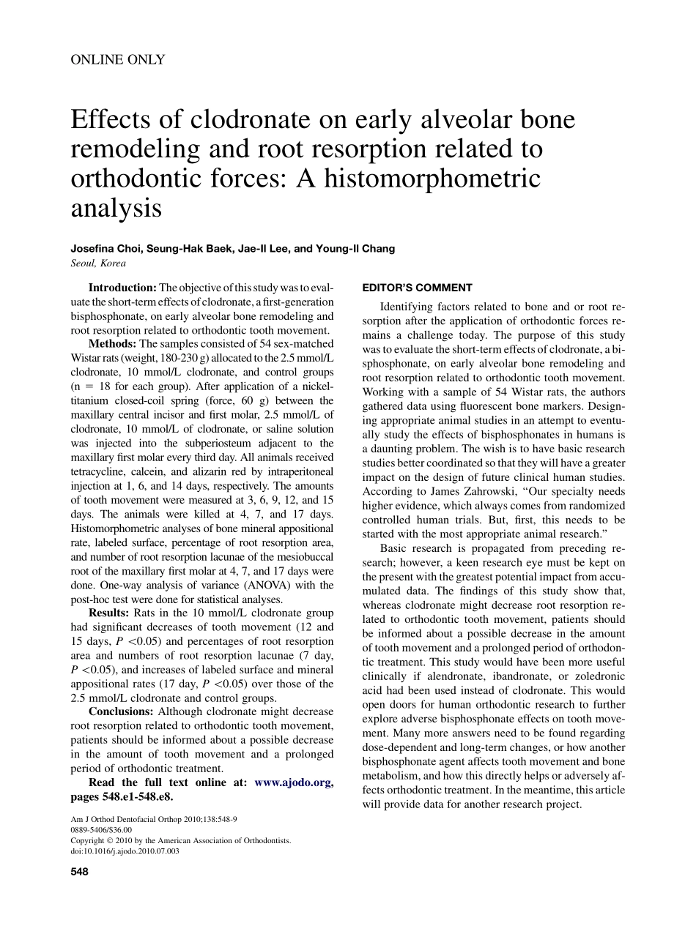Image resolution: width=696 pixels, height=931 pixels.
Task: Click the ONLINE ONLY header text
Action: [118, 59]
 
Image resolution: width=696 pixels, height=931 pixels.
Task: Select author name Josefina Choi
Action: [105, 249]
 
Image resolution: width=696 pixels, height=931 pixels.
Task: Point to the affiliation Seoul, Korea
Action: [98, 263]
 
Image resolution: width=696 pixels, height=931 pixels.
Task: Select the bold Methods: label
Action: [113, 344]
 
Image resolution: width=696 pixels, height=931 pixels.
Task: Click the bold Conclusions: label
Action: [122, 712]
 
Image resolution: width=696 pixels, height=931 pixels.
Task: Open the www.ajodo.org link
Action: [293, 782]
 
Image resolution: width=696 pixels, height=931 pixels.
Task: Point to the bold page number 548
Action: [79, 871]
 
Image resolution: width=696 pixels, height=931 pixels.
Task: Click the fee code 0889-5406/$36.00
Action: [101, 831]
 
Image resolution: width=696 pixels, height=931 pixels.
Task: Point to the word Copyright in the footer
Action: [87, 841]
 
